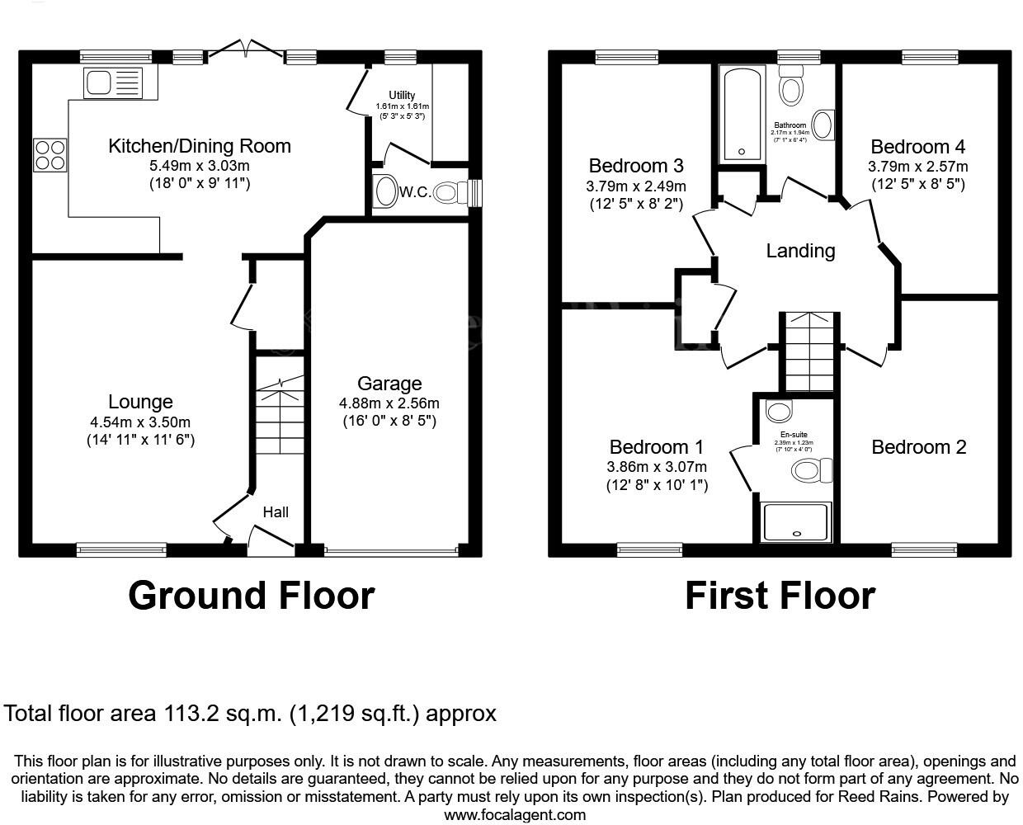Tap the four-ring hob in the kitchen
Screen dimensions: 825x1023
click(49, 154)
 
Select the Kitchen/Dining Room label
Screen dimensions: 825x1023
click(200, 146)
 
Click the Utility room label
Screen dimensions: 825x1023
click(402, 96)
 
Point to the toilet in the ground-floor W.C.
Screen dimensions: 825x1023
click(445, 193)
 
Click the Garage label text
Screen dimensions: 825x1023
click(389, 384)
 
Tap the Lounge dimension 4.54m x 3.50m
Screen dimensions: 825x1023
click(140, 422)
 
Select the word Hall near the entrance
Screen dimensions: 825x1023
click(276, 512)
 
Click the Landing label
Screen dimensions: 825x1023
click(800, 251)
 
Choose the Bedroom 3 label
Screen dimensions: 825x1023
click(636, 166)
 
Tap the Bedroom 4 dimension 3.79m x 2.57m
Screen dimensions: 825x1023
click(917, 167)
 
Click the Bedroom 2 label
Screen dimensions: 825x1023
click(918, 447)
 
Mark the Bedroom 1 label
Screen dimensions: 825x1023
click(656, 447)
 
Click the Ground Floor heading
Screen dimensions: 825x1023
click(251, 596)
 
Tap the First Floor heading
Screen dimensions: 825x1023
click(780, 596)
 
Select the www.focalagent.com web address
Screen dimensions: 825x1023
click(515, 815)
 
